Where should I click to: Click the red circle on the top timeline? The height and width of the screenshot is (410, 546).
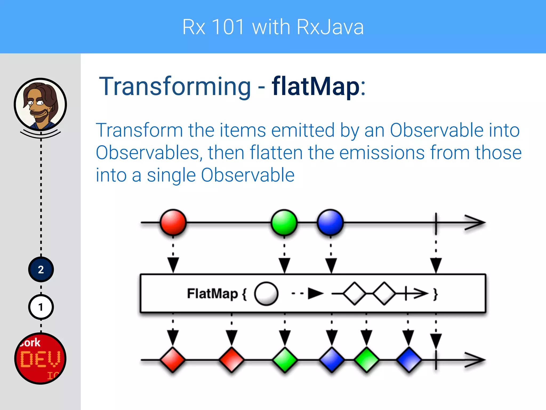pos(173,222)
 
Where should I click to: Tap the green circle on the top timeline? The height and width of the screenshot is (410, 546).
pos(284,222)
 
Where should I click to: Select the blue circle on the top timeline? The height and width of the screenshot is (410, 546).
pos(330,222)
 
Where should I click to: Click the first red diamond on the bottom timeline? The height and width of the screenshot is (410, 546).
pos(173,360)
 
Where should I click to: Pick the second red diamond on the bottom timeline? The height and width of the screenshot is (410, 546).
pos(231,360)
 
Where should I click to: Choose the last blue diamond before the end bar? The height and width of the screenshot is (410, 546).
pos(409,360)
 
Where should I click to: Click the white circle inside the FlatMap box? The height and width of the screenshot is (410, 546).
pos(266,294)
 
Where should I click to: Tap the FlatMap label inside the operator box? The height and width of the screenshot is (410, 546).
pos(212,294)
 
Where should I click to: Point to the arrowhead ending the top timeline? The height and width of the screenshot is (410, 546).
pos(476,222)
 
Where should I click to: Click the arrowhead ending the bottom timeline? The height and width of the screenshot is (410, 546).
pos(476,360)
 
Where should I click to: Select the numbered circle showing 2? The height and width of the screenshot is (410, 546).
pos(41,270)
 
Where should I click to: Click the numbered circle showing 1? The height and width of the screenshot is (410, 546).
pos(41,307)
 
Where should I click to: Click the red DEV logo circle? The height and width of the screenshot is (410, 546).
pos(40,358)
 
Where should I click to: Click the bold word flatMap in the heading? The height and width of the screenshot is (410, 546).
pos(316,86)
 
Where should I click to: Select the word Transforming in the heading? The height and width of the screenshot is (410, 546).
pos(175,86)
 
